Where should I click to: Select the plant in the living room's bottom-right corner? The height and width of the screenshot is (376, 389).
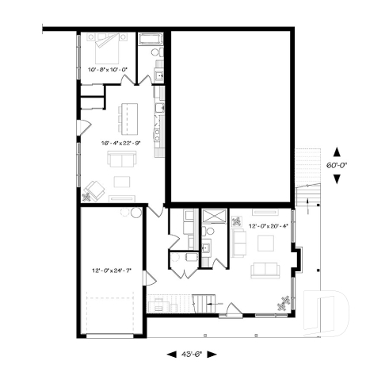click(281, 302)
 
